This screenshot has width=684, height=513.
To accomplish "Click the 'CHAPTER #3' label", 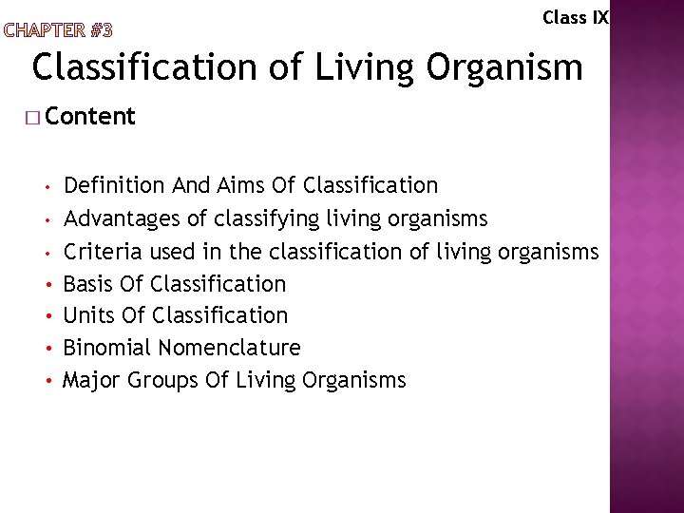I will point(58,29).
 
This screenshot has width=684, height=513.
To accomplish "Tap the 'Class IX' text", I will point(575,17).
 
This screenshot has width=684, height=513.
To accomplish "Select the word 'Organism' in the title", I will point(505,67).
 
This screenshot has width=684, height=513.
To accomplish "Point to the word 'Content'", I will point(90,117).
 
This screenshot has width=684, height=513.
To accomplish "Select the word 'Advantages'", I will point(123,219).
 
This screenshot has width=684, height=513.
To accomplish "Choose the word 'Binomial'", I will point(107,348).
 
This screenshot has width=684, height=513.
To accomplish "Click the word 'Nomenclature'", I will point(229,348).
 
